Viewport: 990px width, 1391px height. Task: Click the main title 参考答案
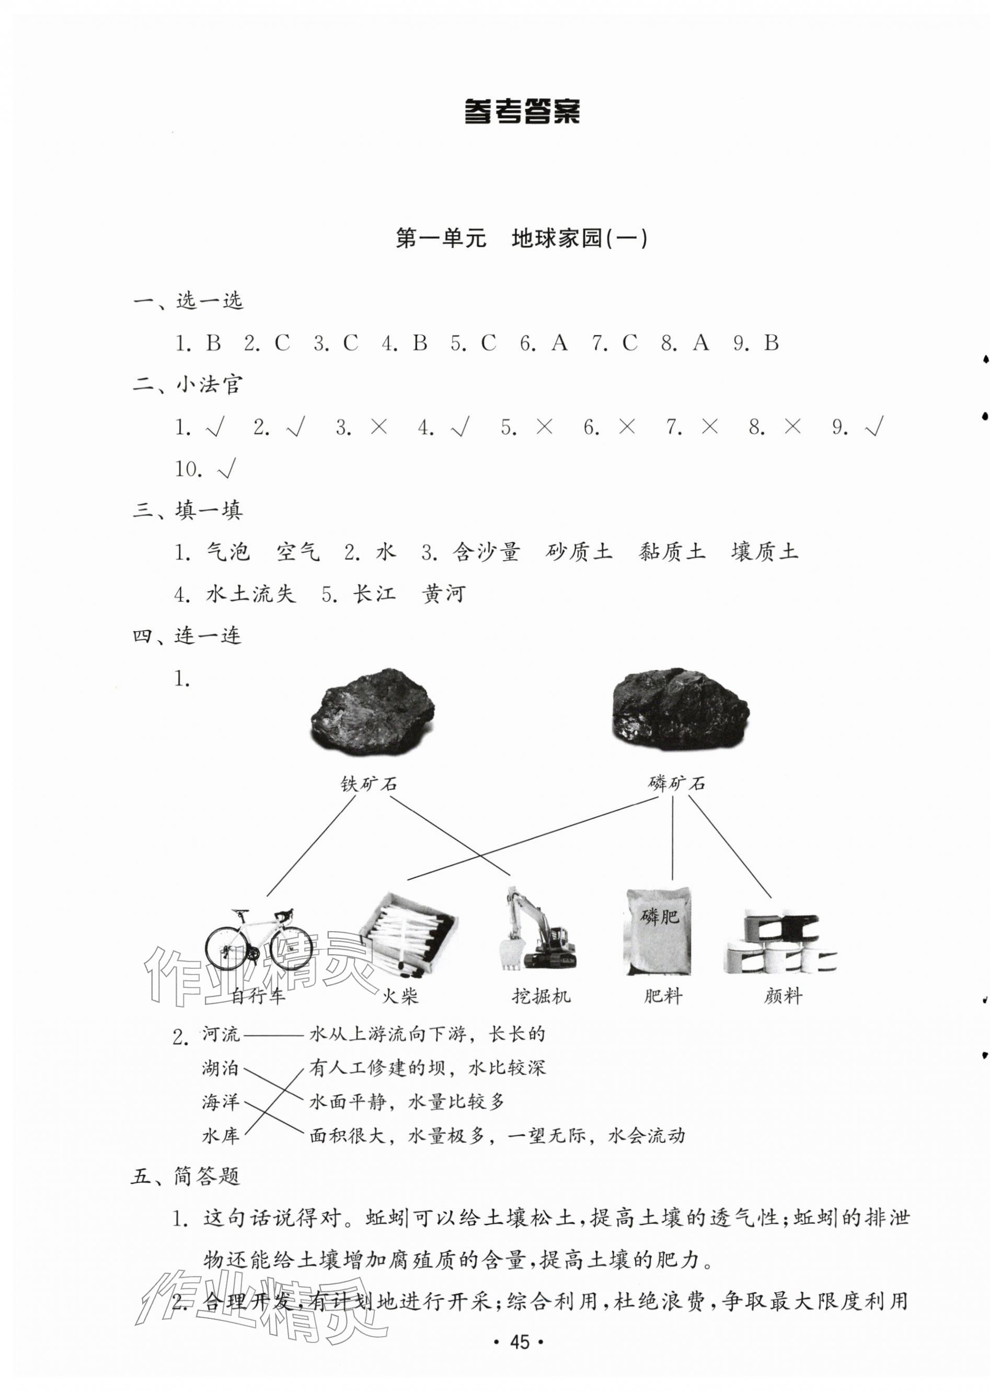[522, 111]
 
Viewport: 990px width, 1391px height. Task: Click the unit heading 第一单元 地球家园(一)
[522, 238]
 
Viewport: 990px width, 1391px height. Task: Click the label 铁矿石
[369, 783]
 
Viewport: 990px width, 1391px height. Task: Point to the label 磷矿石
[677, 783]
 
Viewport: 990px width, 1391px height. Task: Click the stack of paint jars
[781, 941]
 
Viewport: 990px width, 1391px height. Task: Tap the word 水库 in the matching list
[221, 1135]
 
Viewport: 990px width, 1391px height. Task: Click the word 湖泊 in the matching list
[221, 1068]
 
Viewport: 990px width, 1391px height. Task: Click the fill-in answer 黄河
[444, 594]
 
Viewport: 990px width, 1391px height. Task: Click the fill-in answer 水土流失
[250, 594]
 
